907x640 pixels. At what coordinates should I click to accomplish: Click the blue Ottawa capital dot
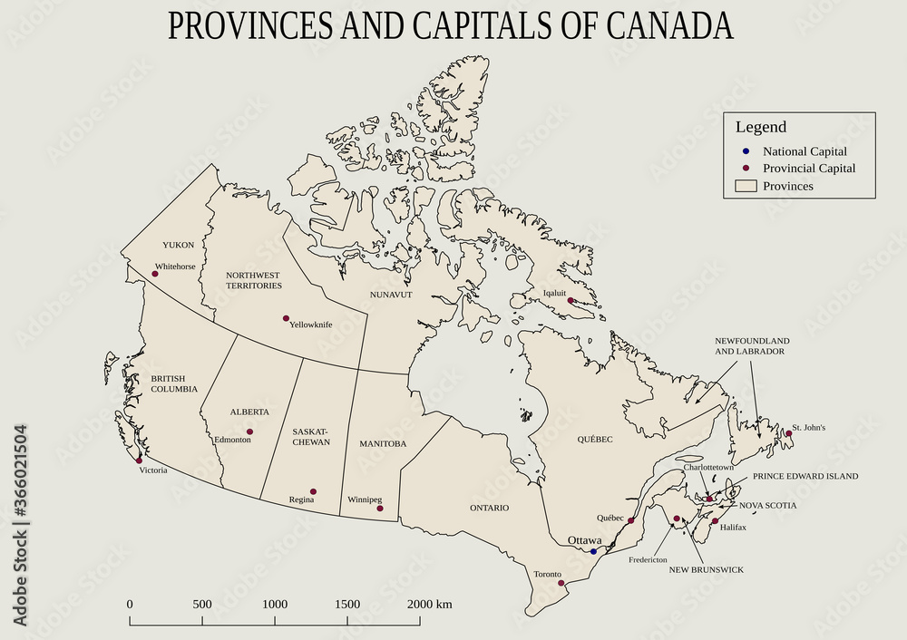pyautogui.click(x=594, y=551)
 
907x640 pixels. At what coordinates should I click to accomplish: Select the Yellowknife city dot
pyautogui.click(x=286, y=318)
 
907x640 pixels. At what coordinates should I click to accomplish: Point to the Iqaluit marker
pyautogui.click(x=571, y=300)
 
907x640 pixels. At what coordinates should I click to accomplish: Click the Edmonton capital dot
pyautogui.click(x=249, y=432)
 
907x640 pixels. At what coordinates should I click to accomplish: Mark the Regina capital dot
pyautogui.click(x=313, y=491)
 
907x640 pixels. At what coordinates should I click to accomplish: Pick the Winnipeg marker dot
pyautogui.click(x=379, y=508)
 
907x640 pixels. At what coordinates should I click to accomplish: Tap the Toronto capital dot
pyautogui.click(x=561, y=583)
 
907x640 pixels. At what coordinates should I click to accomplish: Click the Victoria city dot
pyautogui.click(x=139, y=461)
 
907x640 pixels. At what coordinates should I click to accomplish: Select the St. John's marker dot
pyautogui.click(x=789, y=433)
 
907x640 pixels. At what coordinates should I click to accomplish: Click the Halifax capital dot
pyautogui.click(x=715, y=521)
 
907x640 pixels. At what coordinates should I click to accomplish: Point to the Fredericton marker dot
pyautogui.click(x=677, y=519)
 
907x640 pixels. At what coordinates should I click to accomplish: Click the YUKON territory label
pyautogui.click(x=179, y=245)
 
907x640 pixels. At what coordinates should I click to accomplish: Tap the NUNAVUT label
pyautogui.click(x=391, y=295)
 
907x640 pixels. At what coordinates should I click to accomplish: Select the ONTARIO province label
pyautogui.click(x=489, y=508)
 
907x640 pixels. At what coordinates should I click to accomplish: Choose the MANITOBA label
pyautogui.click(x=383, y=443)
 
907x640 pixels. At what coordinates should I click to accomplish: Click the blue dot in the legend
pyautogui.click(x=745, y=151)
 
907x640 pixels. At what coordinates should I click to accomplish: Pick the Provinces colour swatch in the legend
pyautogui.click(x=745, y=186)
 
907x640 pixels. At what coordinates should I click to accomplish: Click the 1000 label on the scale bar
pyautogui.click(x=275, y=604)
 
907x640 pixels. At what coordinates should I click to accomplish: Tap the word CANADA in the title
pyautogui.click(x=670, y=27)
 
